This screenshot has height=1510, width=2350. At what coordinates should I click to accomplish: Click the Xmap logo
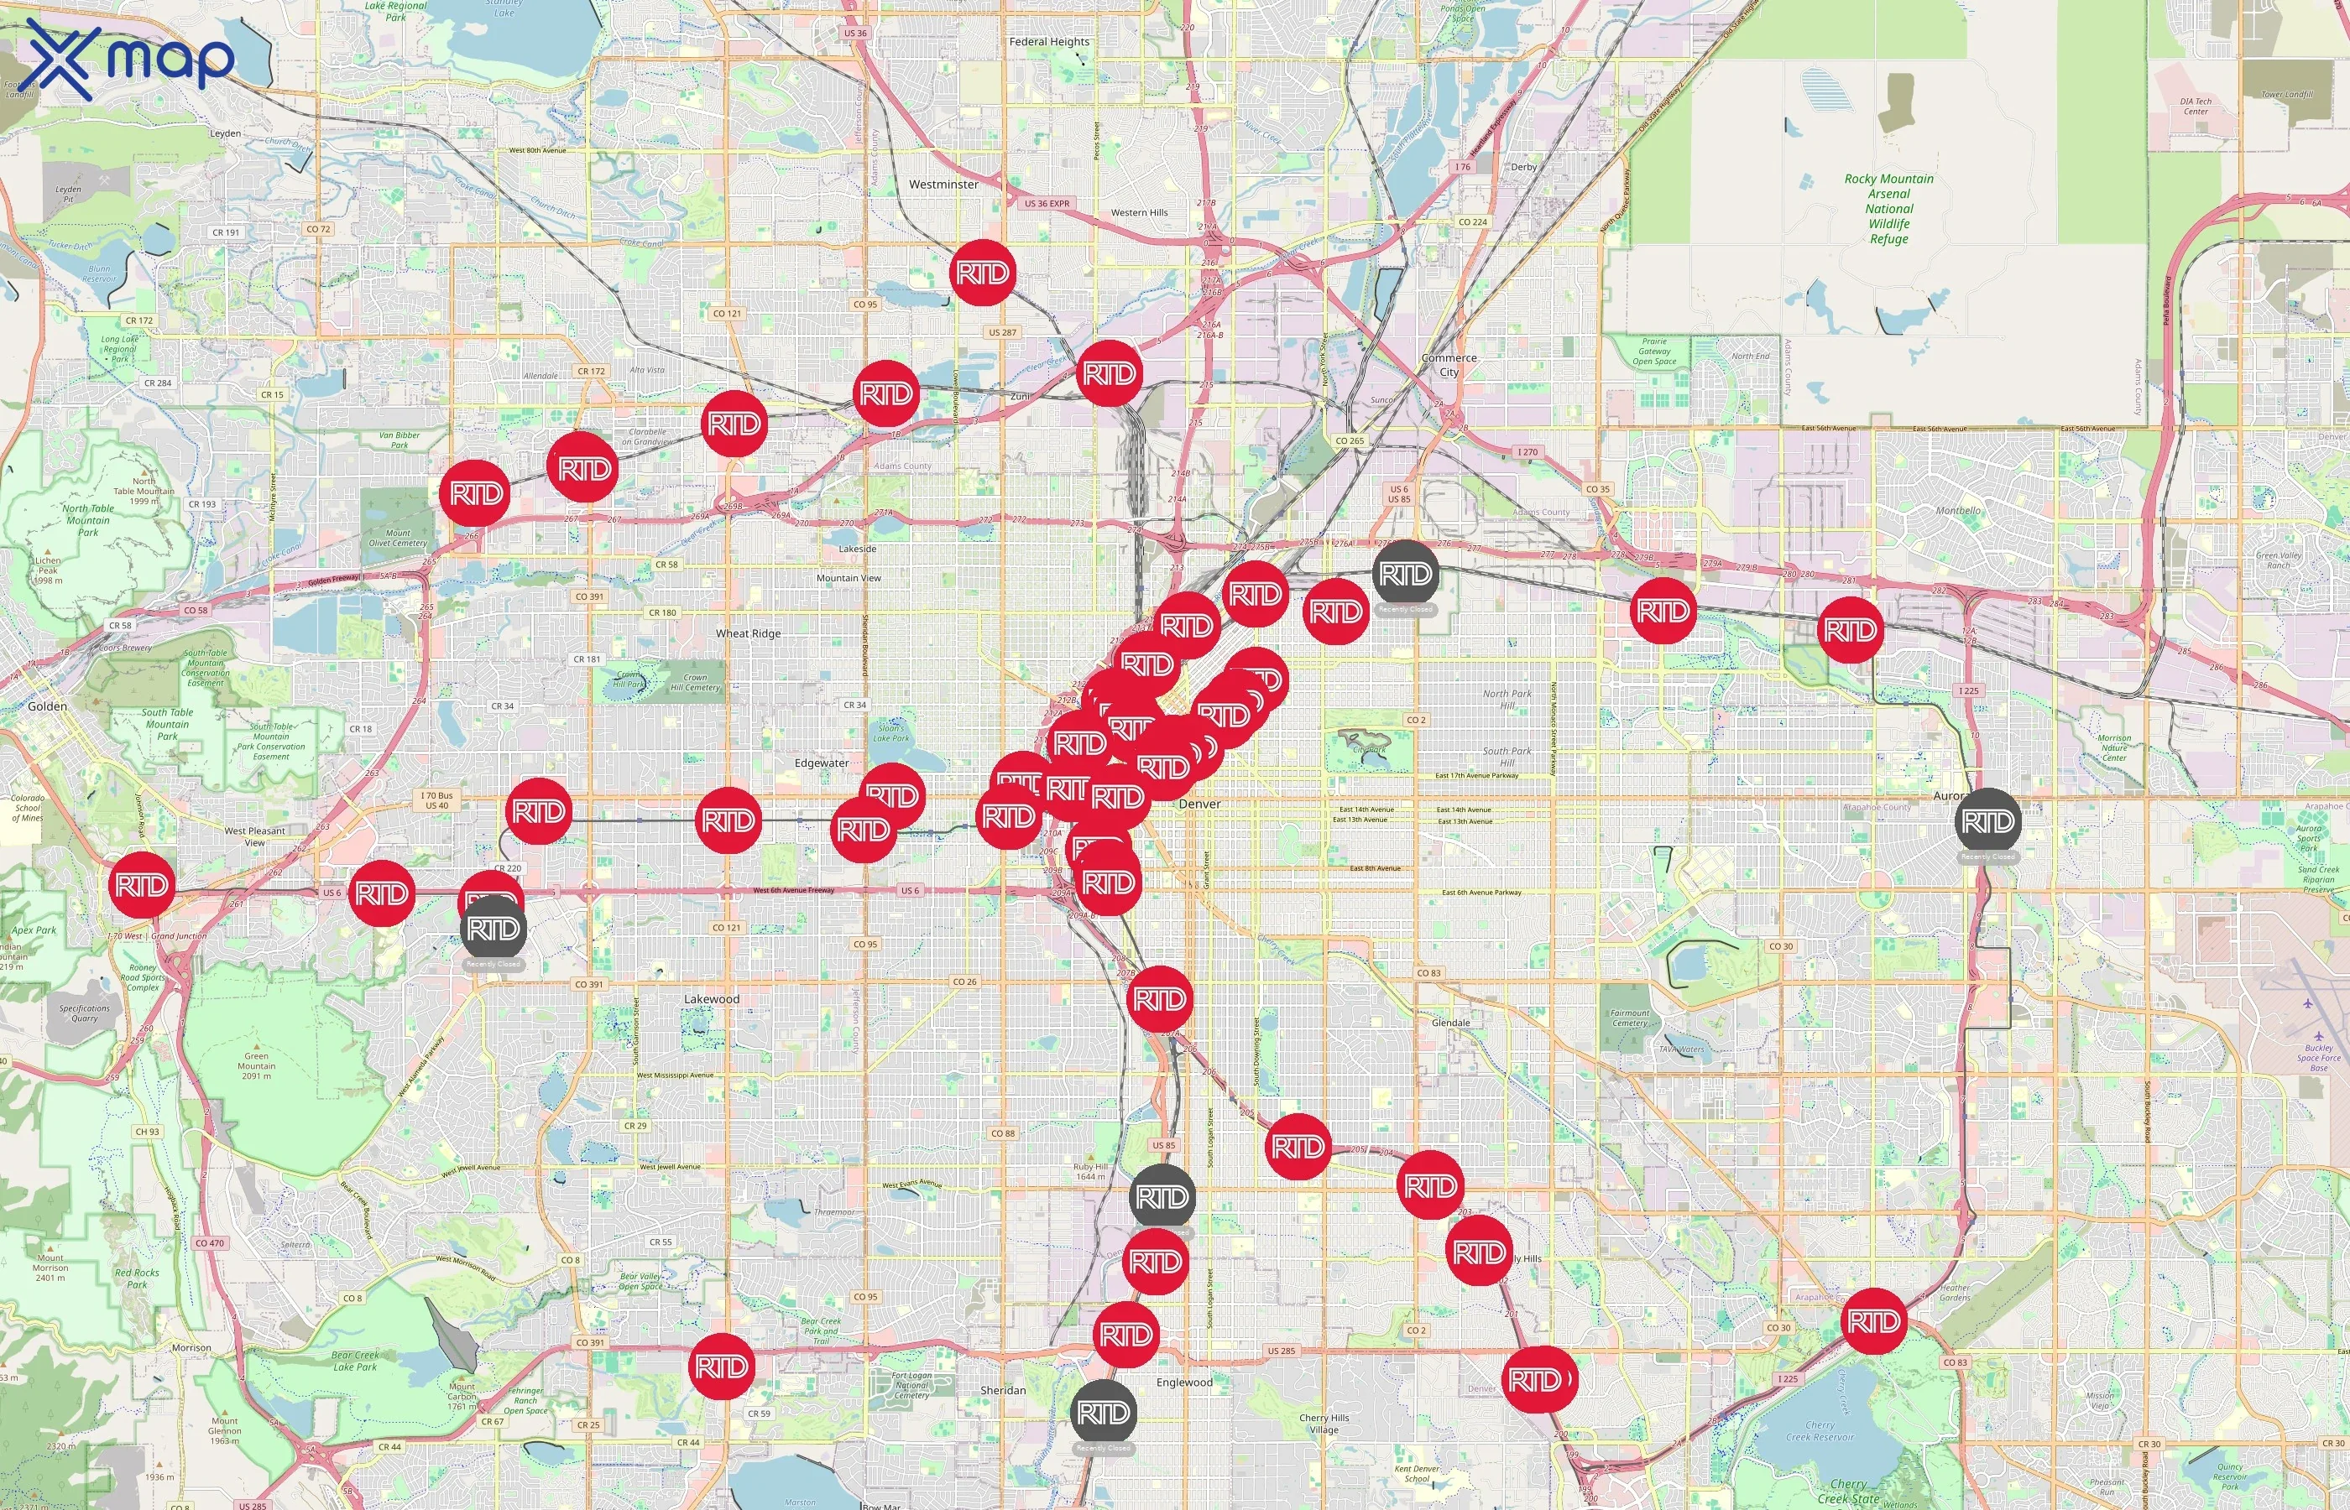click(128, 59)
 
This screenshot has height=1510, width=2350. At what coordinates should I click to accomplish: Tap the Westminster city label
click(943, 185)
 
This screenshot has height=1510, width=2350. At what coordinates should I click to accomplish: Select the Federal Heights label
click(1048, 42)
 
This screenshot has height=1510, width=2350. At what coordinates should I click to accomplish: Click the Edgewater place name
click(821, 763)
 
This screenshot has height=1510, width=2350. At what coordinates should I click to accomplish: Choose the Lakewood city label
click(711, 999)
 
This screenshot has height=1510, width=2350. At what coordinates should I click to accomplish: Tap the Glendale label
click(1449, 1023)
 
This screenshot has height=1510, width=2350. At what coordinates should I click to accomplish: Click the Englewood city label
click(1184, 1382)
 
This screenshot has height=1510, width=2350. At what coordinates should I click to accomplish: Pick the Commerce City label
click(1449, 365)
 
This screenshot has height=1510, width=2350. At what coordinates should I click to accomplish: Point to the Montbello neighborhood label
click(1958, 511)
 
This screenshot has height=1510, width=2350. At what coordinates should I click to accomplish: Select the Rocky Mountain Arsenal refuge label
click(1888, 208)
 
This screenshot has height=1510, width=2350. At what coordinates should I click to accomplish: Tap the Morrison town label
click(191, 1348)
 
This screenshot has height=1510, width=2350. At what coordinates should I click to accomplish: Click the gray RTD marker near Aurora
click(1987, 820)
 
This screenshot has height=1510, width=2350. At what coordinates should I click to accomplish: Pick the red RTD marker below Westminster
click(982, 273)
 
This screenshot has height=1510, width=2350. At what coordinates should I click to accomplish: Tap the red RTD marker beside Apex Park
click(142, 885)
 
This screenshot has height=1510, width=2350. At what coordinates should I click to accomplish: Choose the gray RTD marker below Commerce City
click(1406, 574)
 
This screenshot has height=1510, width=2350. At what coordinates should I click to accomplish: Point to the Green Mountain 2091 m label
click(256, 1066)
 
